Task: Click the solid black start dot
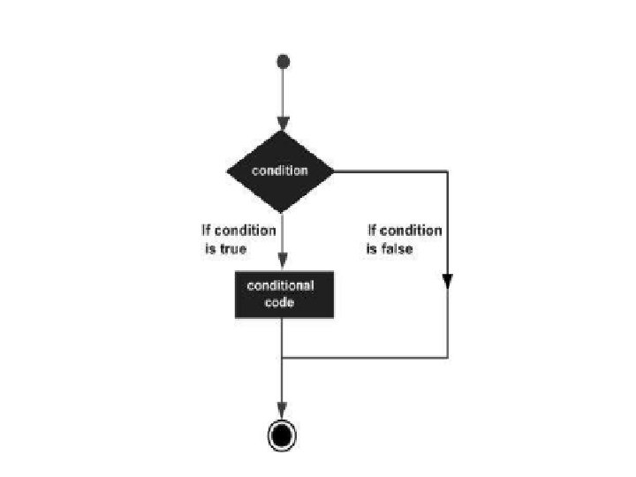tap(283, 61)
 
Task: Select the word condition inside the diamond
tap(280, 170)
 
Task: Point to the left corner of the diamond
tap(228, 170)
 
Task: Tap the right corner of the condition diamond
tap(334, 170)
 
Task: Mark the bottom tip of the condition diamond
tap(281, 212)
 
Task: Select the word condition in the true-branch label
tap(244, 231)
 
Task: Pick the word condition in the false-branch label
tap(411, 231)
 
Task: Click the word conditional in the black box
tap(280, 285)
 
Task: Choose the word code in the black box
tap(282, 302)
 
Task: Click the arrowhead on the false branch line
tap(447, 281)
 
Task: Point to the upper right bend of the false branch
tap(447, 170)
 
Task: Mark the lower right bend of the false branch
tap(447, 358)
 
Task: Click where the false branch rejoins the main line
tap(282, 358)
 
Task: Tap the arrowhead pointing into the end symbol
tap(282, 412)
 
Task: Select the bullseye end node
tap(282, 435)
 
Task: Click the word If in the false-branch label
tap(373, 231)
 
